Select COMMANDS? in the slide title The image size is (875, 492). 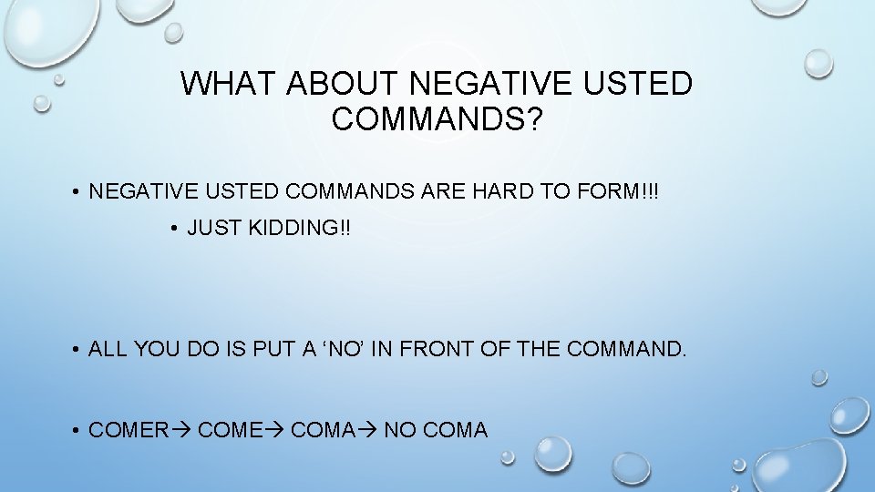point(437,119)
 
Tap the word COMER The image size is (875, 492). point(129,429)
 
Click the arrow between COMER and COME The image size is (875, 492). point(182,429)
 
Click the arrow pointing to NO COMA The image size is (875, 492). point(368,429)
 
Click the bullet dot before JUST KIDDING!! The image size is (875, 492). point(173,229)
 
